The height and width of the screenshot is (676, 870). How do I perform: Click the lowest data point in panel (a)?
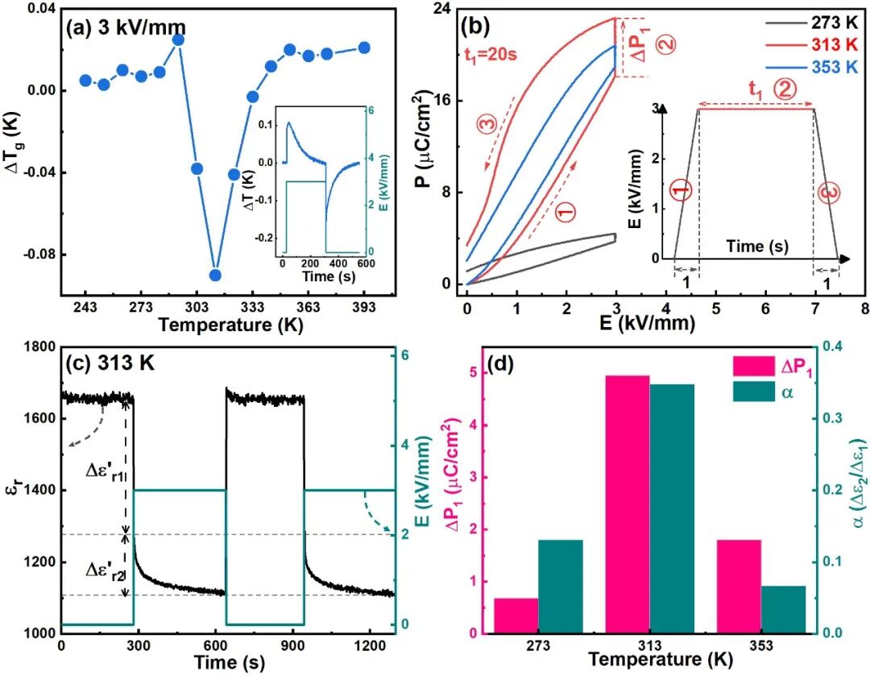215,275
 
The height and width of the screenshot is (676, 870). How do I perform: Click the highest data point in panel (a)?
178,39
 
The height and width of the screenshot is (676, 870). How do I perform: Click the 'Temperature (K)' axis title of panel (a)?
225,325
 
